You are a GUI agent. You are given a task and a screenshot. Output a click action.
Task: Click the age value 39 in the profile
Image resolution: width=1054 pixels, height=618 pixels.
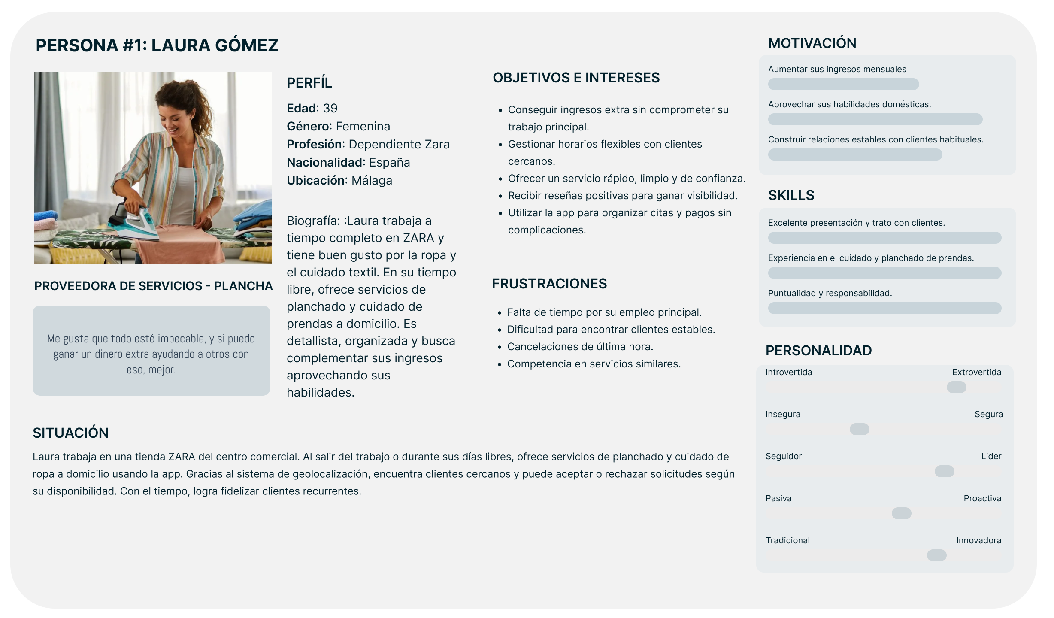[330, 108]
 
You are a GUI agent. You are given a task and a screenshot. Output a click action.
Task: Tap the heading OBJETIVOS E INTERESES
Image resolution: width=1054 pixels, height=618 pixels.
[576, 78]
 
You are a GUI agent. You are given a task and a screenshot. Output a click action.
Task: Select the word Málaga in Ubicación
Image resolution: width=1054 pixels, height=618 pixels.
[372, 180]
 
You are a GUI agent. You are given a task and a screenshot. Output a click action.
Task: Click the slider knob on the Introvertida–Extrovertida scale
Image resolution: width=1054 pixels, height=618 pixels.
[956, 387]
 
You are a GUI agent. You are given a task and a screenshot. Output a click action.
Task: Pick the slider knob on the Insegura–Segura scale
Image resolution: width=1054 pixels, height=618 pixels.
[859, 429]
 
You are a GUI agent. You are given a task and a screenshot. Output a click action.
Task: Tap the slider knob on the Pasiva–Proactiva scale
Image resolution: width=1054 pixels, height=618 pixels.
[901, 513]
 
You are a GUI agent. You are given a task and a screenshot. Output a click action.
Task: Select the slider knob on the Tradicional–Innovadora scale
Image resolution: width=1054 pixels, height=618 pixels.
[936, 555]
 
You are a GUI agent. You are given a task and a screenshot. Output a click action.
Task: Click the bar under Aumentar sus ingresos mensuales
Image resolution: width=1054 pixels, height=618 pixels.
[843, 84]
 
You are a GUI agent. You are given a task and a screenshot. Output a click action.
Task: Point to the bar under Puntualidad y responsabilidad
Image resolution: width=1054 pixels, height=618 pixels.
[884, 308]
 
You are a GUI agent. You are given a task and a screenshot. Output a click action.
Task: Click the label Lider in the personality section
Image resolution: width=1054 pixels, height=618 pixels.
[991, 456]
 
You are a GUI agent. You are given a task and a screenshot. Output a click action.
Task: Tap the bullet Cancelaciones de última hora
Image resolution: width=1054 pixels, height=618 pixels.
[580, 347]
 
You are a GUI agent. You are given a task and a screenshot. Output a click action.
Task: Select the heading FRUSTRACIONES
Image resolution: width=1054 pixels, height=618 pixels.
[549, 284]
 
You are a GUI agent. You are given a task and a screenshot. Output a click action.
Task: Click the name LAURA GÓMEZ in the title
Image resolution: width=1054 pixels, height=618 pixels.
[215, 45]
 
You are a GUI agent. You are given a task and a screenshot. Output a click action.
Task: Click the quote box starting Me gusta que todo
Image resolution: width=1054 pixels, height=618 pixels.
[151, 351]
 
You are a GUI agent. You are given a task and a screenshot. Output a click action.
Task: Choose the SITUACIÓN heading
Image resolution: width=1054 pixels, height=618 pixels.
[70, 433]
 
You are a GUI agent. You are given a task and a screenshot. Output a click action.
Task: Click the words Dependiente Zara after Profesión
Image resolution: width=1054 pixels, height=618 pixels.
[399, 144]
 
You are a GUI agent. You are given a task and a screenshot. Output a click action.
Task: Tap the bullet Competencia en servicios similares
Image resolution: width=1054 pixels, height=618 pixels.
[594, 364]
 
